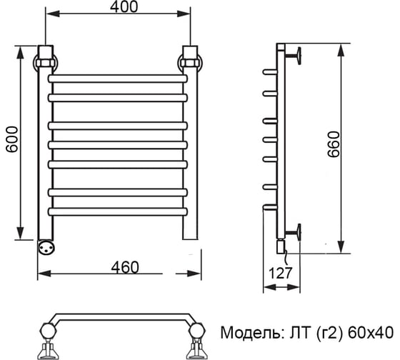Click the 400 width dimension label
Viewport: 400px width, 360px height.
pyautogui.click(x=124, y=7)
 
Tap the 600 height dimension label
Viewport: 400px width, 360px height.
pyautogui.click(x=12, y=139)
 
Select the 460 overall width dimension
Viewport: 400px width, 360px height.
pyautogui.click(x=125, y=267)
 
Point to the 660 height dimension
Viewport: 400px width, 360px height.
pyautogui.click(x=334, y=144)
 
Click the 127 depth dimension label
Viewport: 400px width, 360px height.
pyautogui.click(x=280, y=273)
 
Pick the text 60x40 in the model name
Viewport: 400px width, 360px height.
pyautogui.click(x=371, y=333)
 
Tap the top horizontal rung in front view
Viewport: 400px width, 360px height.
pyautogui.click(x=118, y=79)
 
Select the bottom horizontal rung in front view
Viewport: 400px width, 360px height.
pyautogui.click(x=118, y=211)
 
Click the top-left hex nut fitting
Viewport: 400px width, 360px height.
pyautogui.click(x=46, y=63)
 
